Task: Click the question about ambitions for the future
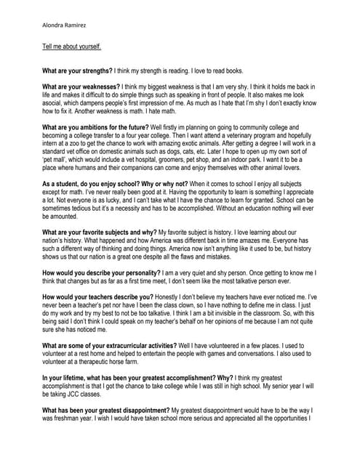point(102,126)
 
